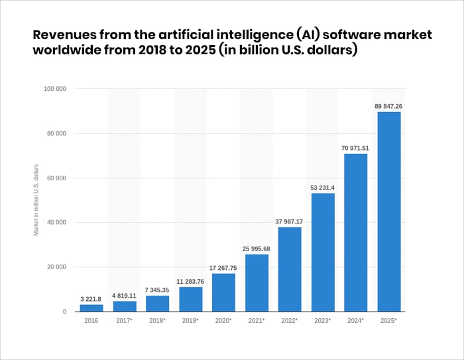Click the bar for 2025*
point(389,211)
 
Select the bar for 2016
point(91,308)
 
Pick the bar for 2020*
point(223,292)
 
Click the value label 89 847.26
point(389,105)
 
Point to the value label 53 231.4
point(323,187)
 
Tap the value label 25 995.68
point(257,248)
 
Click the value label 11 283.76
point(190,280)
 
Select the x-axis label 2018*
point(158,320)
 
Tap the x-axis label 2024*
point(356,320)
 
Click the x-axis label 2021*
point(257,320)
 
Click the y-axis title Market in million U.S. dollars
point(36,199)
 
